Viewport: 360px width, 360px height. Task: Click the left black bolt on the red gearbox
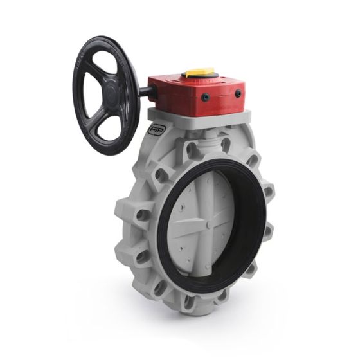coord(205,98)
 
